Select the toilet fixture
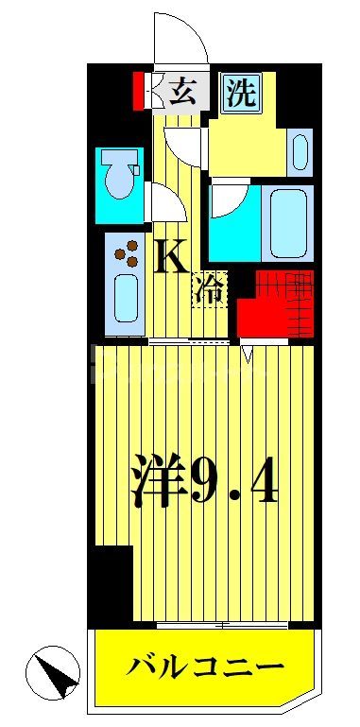120,180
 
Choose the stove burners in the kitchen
125,254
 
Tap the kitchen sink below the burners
125,297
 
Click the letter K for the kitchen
172,256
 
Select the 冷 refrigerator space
210,287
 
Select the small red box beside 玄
139,92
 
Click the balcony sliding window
222,625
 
